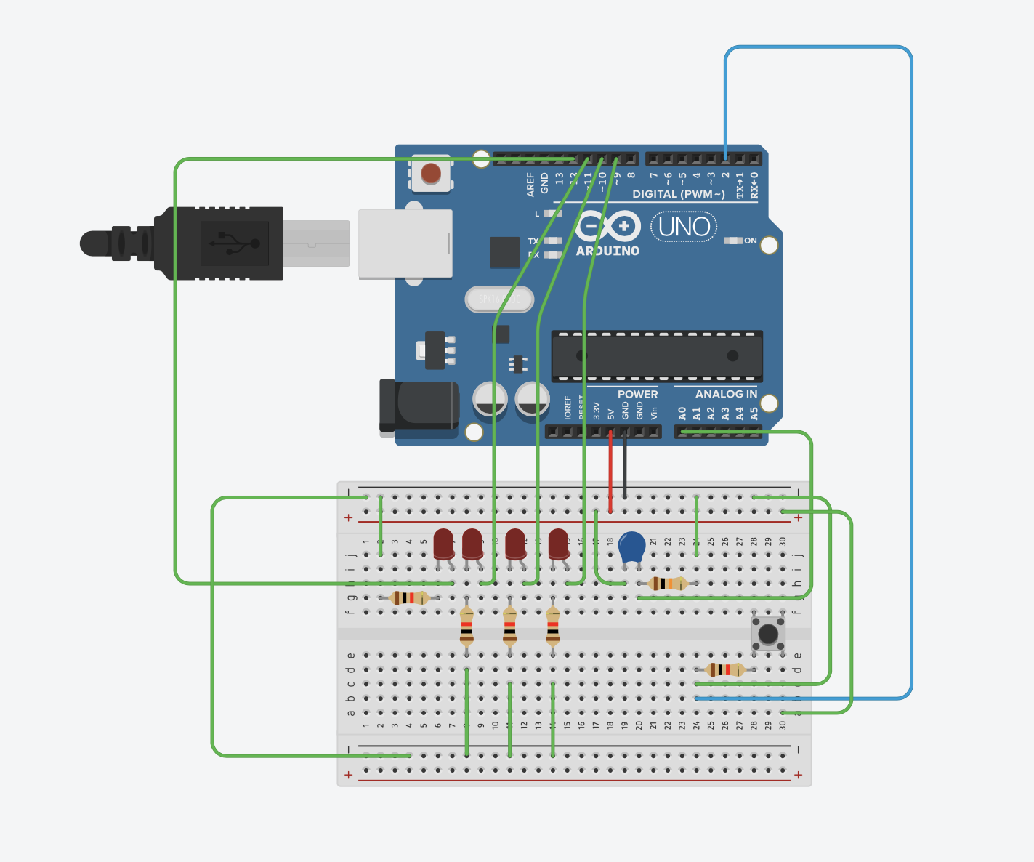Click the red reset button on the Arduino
click(431, 173)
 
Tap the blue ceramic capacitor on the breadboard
click(632, 547)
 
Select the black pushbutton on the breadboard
click(768, 633)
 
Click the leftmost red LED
click(443, 544)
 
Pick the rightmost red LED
click(559, 544)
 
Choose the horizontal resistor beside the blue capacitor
click(667, 583)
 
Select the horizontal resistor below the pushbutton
click(724, 669)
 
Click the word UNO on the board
click(684, 227)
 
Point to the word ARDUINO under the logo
click(607, 251)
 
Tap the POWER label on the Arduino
click(637, 394)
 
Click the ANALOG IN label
click(726, 394)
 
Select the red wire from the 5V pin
click(610, 472)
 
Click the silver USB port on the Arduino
click(405, 243)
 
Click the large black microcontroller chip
click(657, 356)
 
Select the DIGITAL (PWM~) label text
click(678, 194)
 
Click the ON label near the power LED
click(751, 241)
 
